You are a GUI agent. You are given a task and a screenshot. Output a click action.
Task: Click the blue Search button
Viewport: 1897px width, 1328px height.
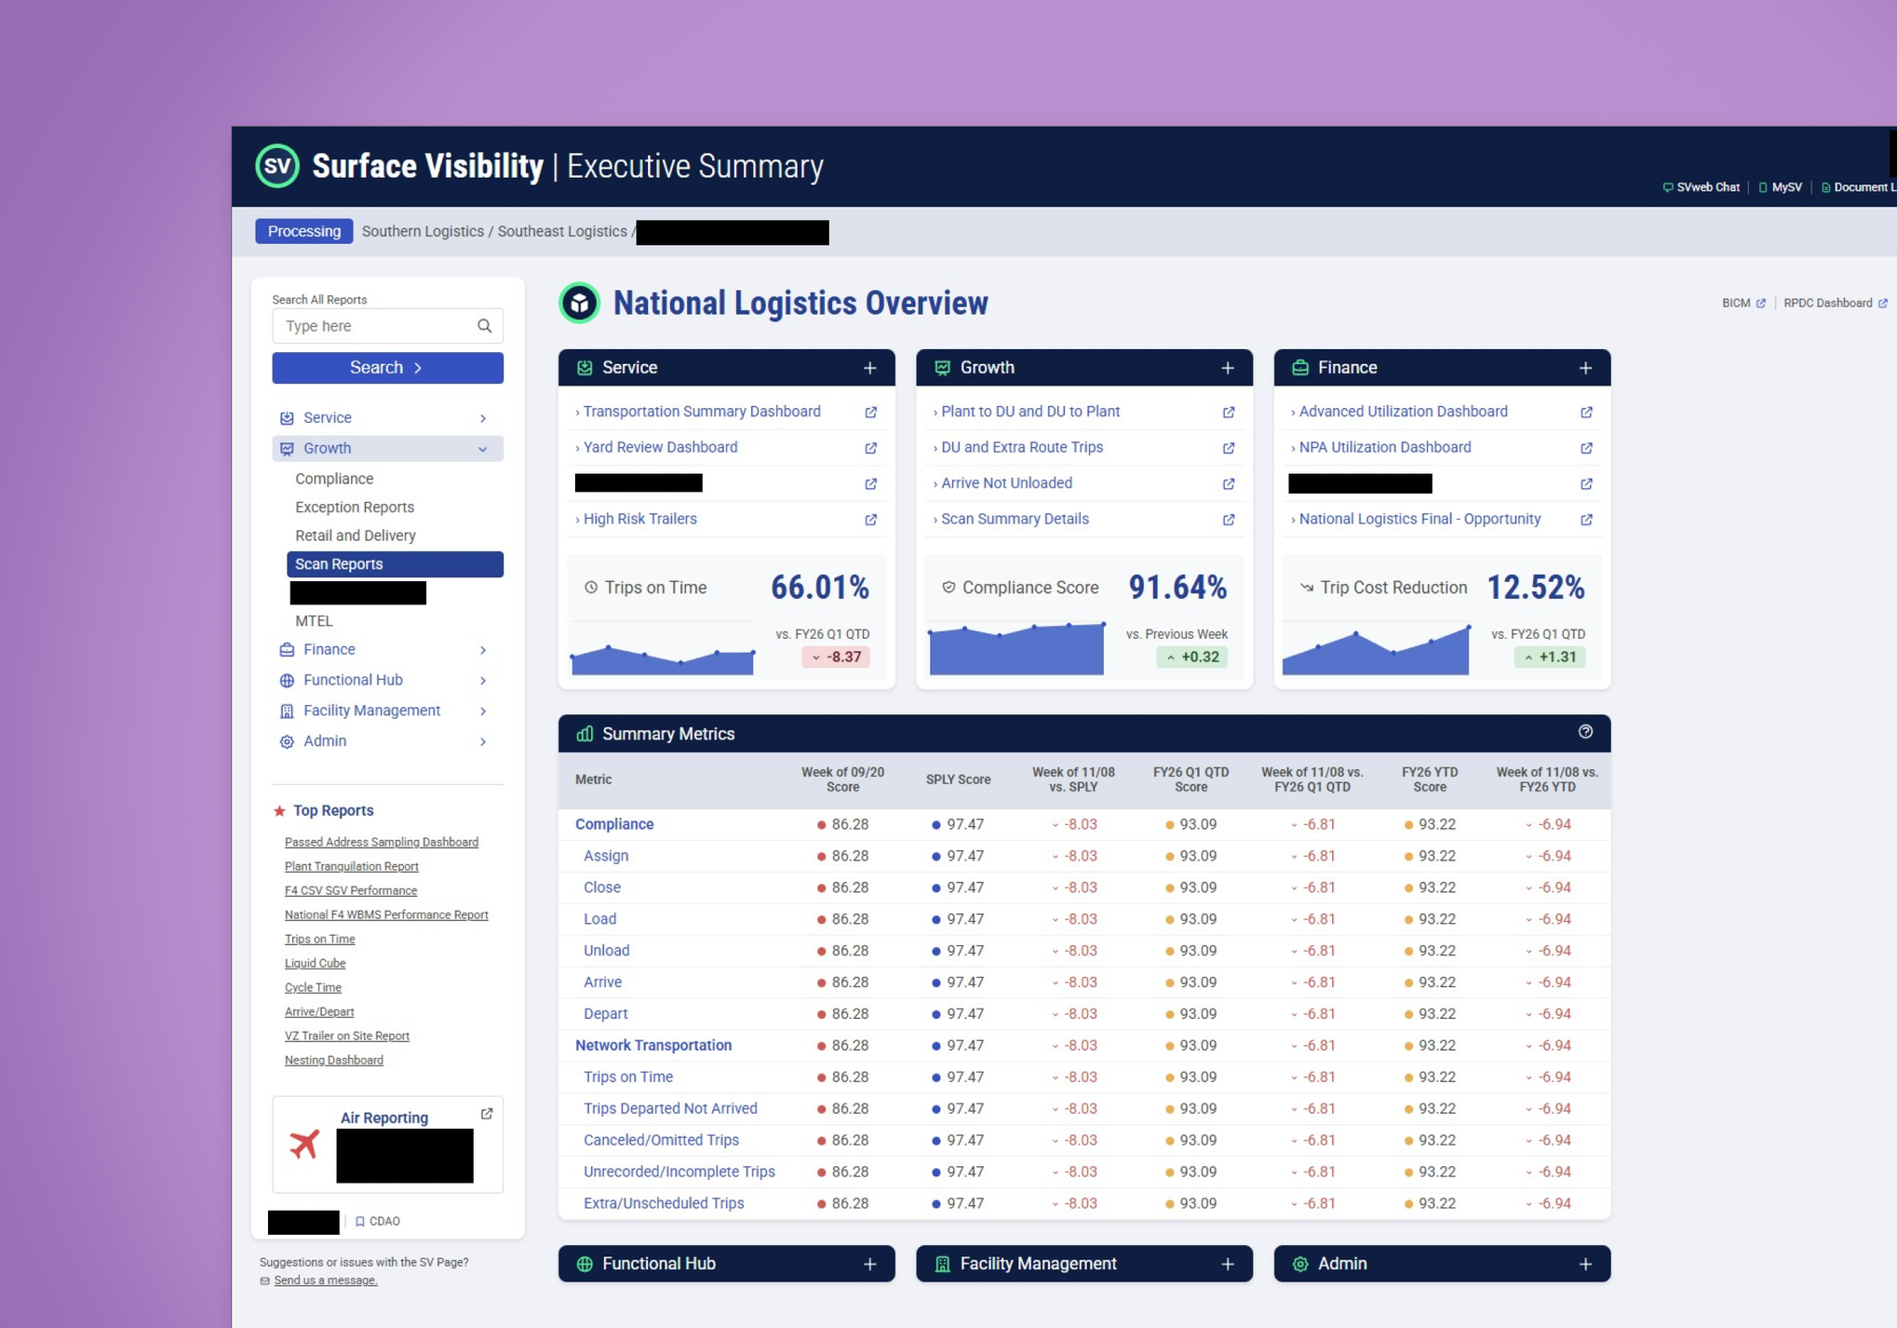[387, 368]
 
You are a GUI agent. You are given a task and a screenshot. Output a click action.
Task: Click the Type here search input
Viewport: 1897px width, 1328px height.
[377, 326]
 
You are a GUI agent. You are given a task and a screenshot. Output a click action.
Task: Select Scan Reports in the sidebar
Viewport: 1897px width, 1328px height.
[395, 564]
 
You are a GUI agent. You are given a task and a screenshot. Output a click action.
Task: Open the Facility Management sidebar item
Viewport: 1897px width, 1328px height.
[371, 711]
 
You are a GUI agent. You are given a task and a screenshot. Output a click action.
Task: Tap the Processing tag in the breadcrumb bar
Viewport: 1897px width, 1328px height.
[303, 232]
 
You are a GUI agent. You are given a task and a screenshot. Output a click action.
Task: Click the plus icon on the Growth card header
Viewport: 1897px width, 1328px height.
[1228, 368]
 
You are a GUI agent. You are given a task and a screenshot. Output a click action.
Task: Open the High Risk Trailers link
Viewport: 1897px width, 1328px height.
[639, 519]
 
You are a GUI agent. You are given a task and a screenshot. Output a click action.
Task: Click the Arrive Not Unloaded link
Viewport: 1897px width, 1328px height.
[1006, 483]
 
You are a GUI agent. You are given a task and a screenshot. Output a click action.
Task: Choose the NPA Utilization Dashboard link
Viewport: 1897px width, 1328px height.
[1384, 448]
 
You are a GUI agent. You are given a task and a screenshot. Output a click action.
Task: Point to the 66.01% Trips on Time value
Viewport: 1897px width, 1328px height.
[819, 588]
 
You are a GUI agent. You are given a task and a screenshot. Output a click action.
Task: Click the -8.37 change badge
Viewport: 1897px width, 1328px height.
[836, 657]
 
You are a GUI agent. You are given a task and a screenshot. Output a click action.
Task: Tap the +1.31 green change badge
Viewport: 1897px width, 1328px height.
[1550, 657]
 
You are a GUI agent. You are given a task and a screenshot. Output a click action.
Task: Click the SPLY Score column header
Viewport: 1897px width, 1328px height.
[958, 779]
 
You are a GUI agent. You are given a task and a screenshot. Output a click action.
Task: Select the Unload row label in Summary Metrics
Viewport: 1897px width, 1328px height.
[606, 951]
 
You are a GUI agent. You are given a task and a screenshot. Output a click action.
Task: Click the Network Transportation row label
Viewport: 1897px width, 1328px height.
[653, 1045]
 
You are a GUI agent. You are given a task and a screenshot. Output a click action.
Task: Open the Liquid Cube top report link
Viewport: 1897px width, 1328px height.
[315, 963]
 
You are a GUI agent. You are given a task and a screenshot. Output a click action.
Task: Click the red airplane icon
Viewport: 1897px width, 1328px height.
[304, 1144]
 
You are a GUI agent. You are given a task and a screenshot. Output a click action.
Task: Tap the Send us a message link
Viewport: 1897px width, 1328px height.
[326, 1281]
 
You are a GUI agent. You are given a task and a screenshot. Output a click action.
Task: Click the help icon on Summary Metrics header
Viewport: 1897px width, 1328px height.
[1585, 732]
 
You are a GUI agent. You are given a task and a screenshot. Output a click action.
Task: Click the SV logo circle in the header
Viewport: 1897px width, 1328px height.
[277, 167]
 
